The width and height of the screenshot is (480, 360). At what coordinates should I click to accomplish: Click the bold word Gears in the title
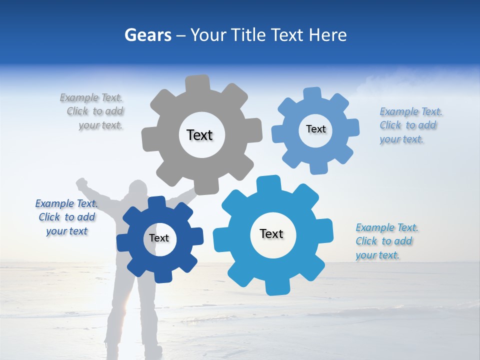point(147,35)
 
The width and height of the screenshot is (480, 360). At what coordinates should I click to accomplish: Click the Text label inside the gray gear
point(199,135)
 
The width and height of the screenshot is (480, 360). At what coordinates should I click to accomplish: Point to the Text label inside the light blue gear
point(315,129)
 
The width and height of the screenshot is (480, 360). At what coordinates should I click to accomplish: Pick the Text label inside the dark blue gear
point(159,238)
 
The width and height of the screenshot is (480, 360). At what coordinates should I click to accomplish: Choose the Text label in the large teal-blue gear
point(271,233)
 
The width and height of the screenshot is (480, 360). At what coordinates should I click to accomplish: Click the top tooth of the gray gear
point(197,83)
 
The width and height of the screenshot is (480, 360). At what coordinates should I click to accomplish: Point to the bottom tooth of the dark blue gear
point(161,274)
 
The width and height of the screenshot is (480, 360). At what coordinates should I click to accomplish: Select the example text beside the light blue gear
point(410,125)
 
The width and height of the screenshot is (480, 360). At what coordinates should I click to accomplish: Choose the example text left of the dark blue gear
point(67,217)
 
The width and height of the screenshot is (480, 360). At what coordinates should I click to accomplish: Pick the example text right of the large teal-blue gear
point(386,241)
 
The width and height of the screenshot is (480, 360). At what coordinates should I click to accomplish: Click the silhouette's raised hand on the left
point(81,183)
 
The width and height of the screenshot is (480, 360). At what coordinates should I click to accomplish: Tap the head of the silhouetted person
point(138,190)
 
